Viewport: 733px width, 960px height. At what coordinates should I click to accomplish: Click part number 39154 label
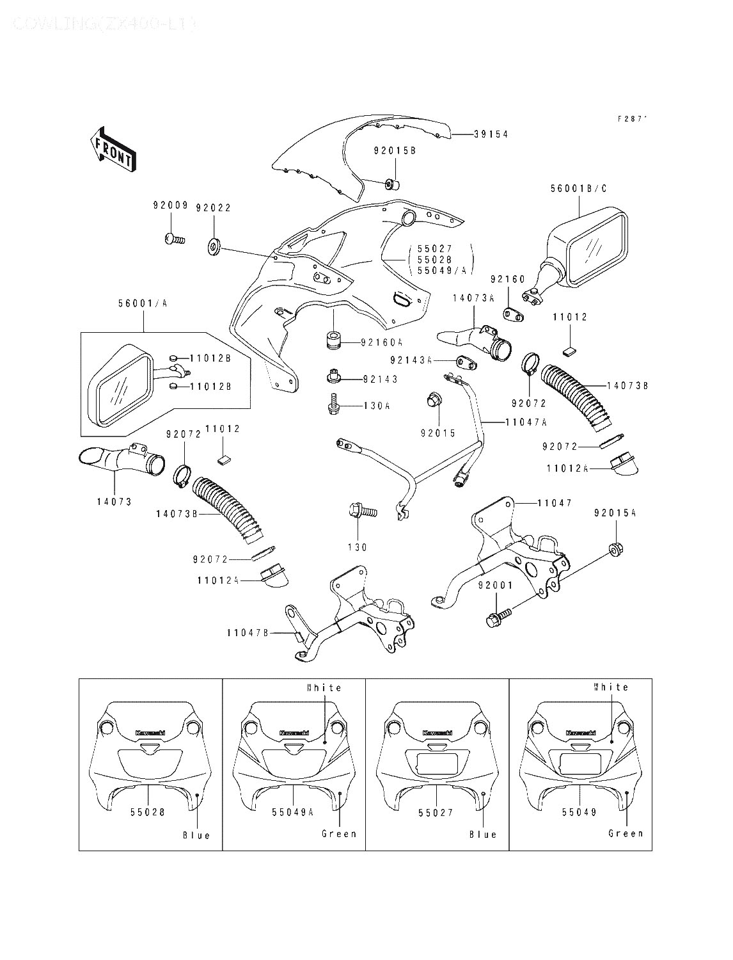pyautogui.click(x=491, y=134)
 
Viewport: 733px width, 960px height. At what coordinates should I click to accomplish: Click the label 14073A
pyautogui.click(x=474, y=298)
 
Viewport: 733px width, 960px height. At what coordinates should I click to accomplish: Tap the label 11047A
pyautogui.click(x=526, y=422)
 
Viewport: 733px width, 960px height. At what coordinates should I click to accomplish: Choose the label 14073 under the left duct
pyautogui.click(x=114, y=502)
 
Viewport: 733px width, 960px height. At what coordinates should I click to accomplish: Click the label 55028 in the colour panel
pyautogui.click(x=148, y=812)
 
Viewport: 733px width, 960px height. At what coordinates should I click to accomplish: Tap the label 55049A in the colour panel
pyautogui.click(x=292, y=812)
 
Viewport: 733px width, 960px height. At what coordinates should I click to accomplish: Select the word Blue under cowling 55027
pyautogui.click(x=483, y=835)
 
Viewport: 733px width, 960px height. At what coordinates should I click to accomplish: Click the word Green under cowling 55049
pyautogui.click(x=626, y=833)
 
